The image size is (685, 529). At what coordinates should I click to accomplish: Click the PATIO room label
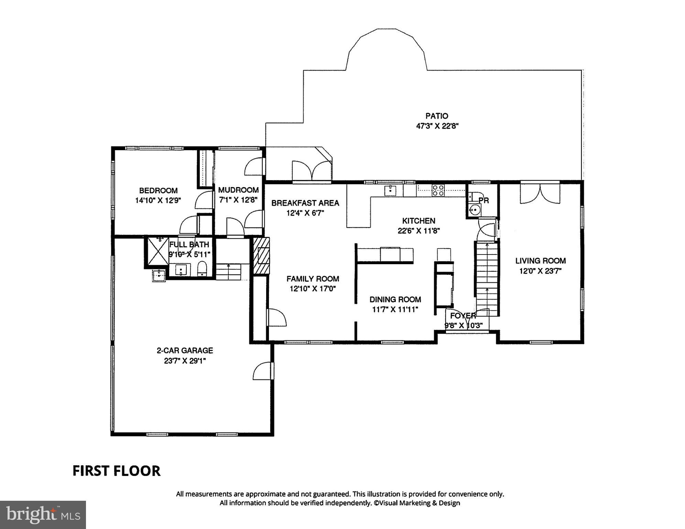point(437,116)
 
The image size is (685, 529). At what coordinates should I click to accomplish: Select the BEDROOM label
point(158,190)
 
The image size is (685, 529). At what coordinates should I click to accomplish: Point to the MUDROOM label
point(238,190)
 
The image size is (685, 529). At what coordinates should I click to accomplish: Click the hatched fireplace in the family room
point(261,256)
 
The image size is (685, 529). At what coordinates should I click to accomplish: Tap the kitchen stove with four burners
point(438,190)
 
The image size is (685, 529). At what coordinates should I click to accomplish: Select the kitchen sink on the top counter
point(390,190)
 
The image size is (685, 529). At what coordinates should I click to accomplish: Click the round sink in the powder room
point(475,209)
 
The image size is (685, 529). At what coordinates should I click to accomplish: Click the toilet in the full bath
point(202,269)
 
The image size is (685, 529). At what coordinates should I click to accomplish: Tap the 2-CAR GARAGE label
point(185,351)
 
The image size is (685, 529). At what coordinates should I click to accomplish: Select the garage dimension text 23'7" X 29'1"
point(185,361)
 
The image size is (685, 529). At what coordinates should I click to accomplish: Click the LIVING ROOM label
point(540,261)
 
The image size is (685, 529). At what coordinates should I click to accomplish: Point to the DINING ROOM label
point(395,299)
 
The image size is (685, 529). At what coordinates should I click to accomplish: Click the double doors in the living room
point(540,194)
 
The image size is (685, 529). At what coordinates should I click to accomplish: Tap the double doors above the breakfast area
point(312,170)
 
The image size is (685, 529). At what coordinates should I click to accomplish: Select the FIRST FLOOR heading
point(116,471)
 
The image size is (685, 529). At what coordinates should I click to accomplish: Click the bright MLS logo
point(43,515)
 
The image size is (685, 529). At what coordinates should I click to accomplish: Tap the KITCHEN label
point(418,221)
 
